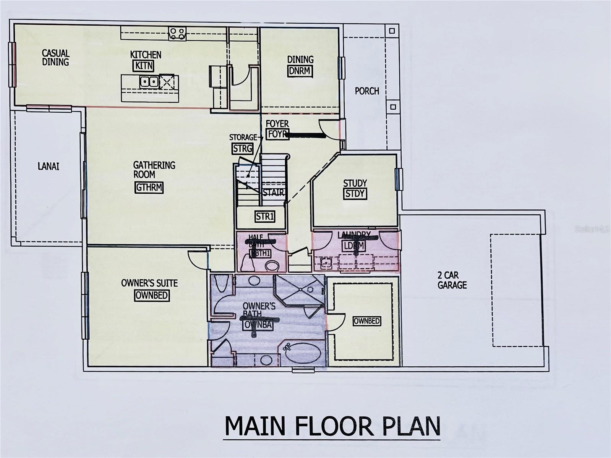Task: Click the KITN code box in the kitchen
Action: point(144,66)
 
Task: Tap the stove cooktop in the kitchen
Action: point(177,33)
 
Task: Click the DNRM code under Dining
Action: point(300,71)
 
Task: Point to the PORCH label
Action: point(367,91)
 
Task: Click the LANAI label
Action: point(49,167)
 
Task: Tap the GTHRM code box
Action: point(149,188)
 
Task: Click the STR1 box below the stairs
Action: point(265,217)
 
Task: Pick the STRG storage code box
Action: point(242,148)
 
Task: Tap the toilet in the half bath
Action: point(272,266)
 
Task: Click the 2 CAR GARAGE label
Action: point(452,280)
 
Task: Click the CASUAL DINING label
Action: point(55,57)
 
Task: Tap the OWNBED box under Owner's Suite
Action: point(152,295)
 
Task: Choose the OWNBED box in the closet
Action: point(366,321)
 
